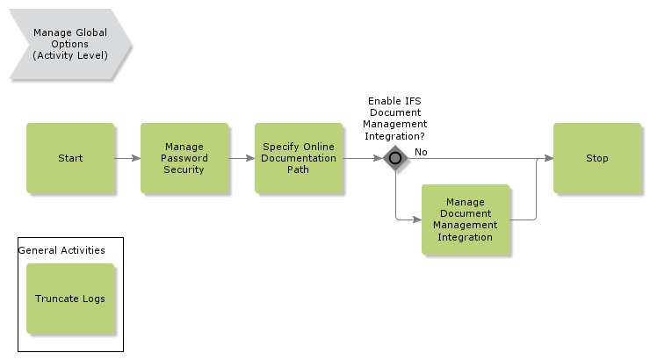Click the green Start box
pos(70,158)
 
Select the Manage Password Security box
pos(184,158)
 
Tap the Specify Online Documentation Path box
pos(299,158)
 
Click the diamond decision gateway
pos(396,159)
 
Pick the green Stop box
pos(597,158)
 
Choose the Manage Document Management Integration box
pos(466,220)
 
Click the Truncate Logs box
pos(70,299)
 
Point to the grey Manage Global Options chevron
pos(70,44)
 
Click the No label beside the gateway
pos(421,152)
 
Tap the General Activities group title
pos(61,250)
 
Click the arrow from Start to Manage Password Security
pos(127,159)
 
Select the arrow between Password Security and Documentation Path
pos(242,159)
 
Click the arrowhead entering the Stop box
pos(549,159)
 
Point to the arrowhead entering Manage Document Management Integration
pos(417,220)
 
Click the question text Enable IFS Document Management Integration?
pos(395,119)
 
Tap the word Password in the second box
pos(184,158)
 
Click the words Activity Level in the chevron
pos(70,55)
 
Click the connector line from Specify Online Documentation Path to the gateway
pos(362,159)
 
